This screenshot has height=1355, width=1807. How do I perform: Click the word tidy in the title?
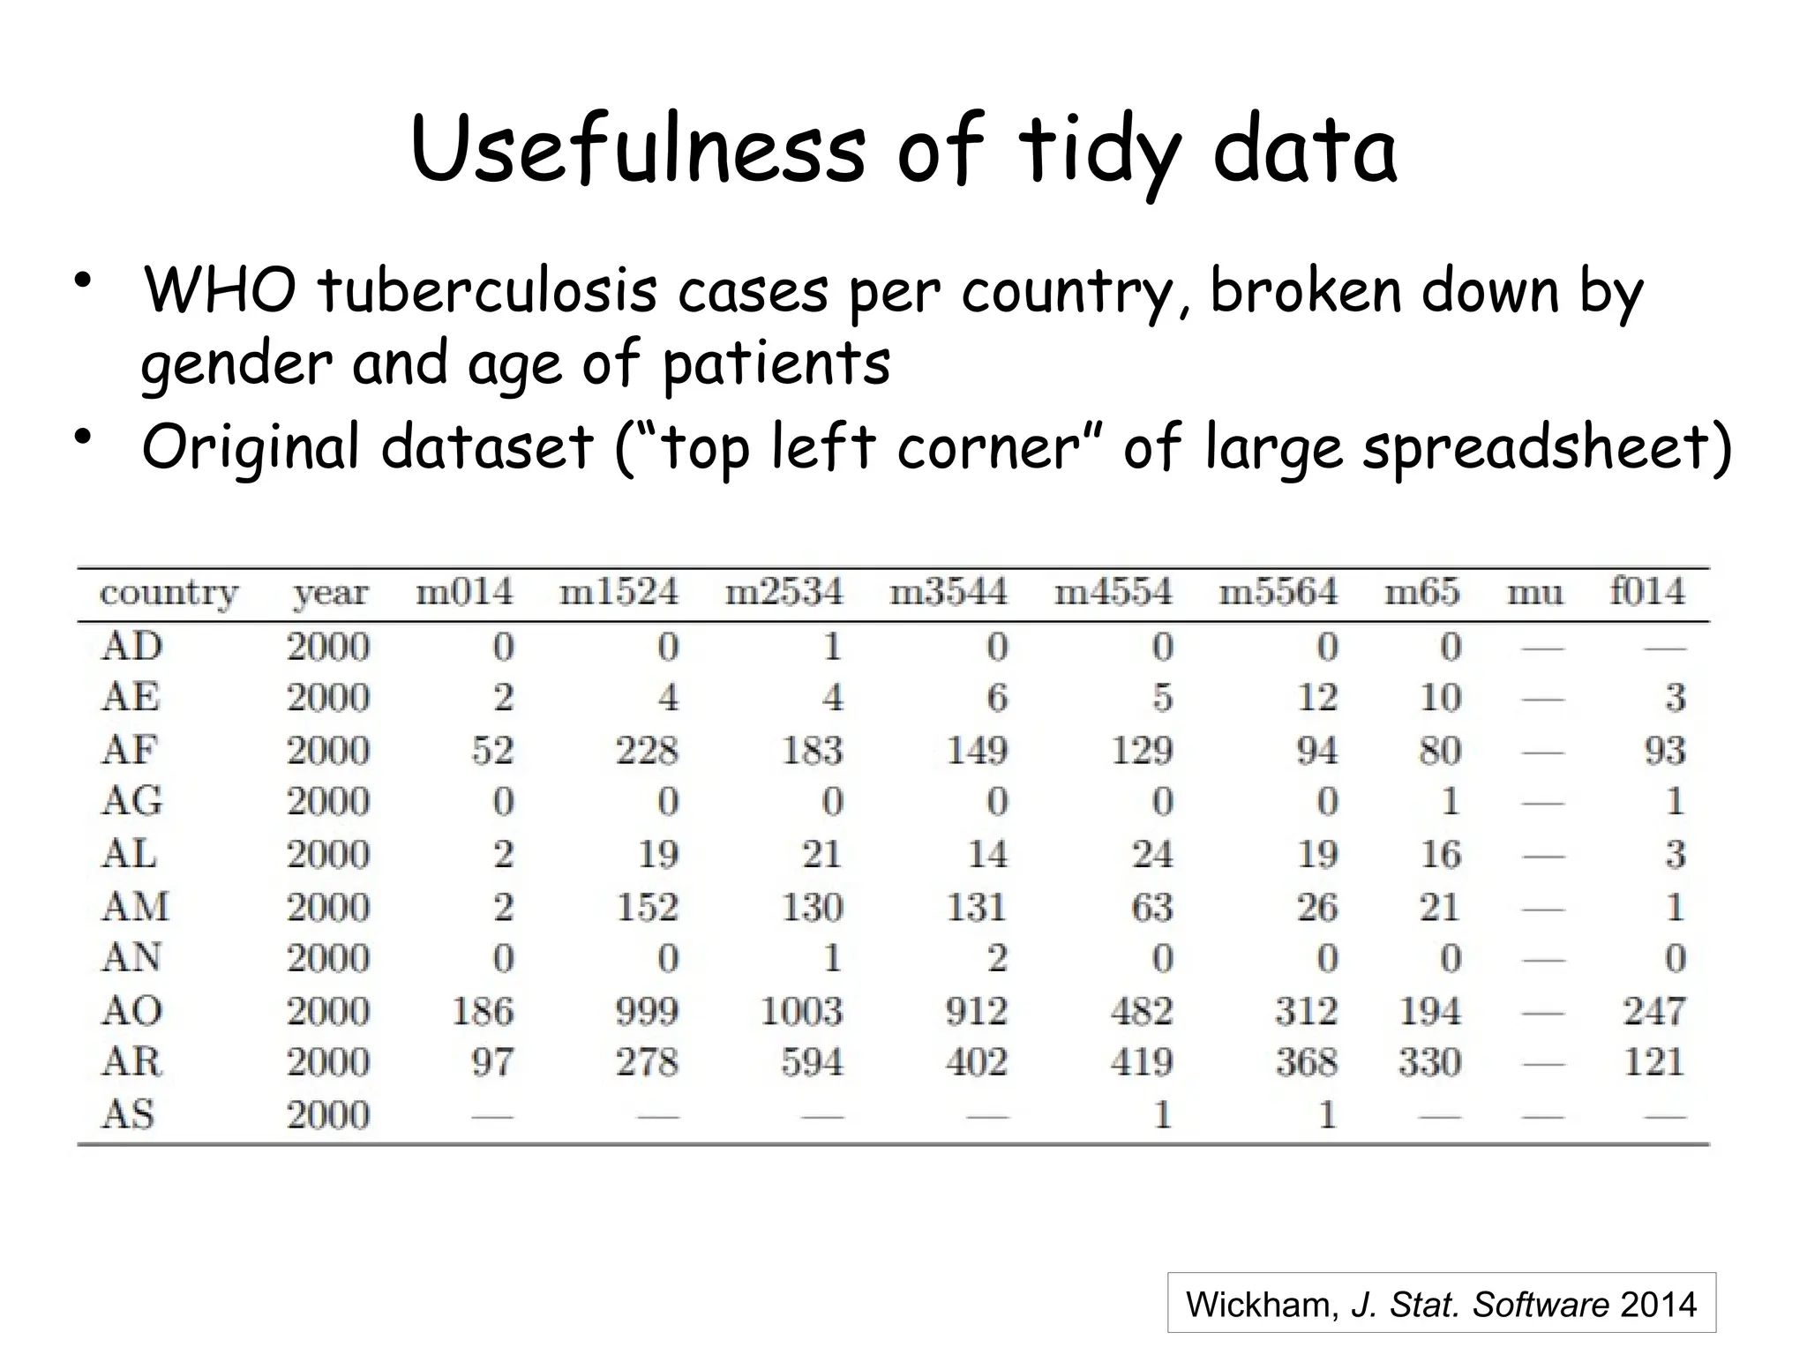point(1099,152)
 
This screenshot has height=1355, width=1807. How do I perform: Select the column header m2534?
point(784,592)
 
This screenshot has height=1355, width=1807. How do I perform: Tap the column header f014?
point(1646,591)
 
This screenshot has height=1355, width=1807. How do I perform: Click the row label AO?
point(132,1011)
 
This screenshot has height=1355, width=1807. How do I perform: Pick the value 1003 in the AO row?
point(801,1011)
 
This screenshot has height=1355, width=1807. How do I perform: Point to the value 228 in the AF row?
point(647,751)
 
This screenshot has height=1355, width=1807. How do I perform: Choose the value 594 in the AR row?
point(812,1062)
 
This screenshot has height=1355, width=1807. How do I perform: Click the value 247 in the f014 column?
point(1654,1011)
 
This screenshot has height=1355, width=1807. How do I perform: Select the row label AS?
point(129,1115)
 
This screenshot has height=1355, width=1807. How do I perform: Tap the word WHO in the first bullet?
point(220,291)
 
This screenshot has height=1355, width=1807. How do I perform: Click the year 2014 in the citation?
point(1659,1305)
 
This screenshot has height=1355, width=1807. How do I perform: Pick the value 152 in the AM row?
point(647,908)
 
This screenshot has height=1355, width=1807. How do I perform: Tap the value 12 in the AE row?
point(1316,699)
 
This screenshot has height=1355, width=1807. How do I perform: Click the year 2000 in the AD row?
point(328,648)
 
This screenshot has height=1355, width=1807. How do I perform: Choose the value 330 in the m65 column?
point(1429,1062)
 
